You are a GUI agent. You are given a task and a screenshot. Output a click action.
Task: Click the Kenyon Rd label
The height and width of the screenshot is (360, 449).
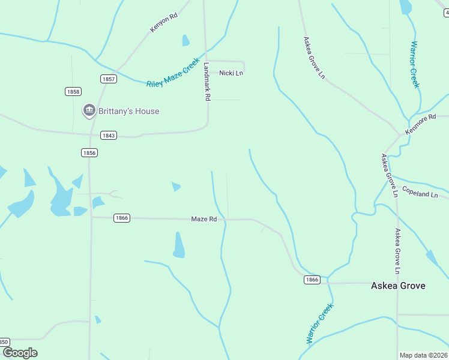[x=164, y=23]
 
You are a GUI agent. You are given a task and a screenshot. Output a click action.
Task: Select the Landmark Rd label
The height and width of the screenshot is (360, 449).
[x=207, y=82]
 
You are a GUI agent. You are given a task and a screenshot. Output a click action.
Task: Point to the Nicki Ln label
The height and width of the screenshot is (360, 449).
[x=231, y=73]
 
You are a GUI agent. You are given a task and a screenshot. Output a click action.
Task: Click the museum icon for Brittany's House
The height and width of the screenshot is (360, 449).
[x=89, y=110]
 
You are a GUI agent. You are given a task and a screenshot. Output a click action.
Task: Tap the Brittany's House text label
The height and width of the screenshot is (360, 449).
[x=130, y=111]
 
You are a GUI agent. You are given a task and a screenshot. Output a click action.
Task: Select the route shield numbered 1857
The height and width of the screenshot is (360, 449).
[x=109, y=79]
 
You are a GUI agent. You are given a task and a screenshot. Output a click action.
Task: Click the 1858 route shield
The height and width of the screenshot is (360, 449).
[x=73, y=91]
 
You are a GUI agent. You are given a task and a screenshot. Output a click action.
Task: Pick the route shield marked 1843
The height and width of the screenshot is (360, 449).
[x=108, y=136]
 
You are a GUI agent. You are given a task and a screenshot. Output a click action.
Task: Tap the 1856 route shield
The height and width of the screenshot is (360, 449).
[x=89, y=153]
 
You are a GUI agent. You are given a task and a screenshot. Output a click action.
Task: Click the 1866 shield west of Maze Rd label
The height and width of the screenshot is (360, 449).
[x=121, y=218]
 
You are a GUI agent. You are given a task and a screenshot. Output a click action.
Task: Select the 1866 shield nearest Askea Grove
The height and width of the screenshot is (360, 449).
[x=312, y=280]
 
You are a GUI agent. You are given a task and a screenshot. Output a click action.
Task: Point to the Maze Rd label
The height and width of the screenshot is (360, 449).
[x=203, y=220]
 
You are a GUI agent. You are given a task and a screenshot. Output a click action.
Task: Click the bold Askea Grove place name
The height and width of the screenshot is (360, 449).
[x=398, y=286]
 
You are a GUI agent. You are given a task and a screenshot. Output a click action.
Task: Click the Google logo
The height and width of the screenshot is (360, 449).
[x=20, y=353]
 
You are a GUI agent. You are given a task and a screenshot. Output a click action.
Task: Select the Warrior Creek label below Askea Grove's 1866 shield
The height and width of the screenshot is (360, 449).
[x=319, y=324]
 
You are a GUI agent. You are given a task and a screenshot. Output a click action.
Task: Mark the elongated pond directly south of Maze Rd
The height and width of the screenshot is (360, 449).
[x=179, y=245]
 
